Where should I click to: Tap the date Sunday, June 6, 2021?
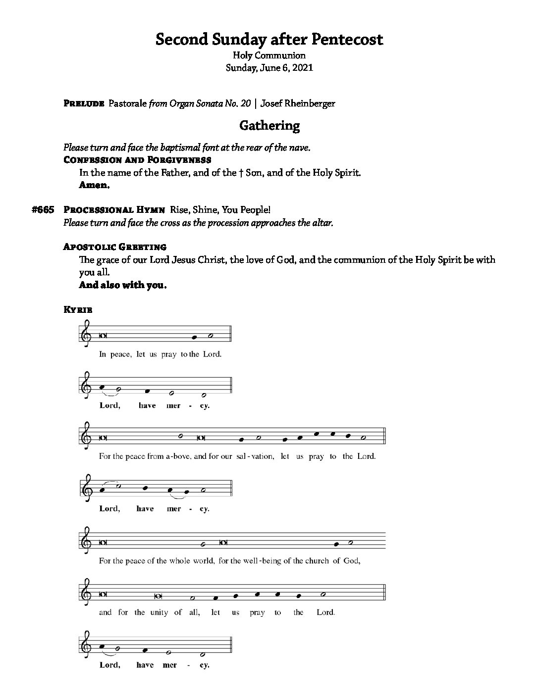(269, 68)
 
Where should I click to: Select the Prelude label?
(84, 103)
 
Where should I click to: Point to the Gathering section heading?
(269, 126)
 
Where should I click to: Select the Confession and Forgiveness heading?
(137, 160)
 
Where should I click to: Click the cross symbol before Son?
(240, 173)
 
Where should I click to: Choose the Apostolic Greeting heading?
(115, 247)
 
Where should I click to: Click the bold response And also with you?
(122, 285)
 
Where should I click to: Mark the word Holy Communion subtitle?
(269, 55)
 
